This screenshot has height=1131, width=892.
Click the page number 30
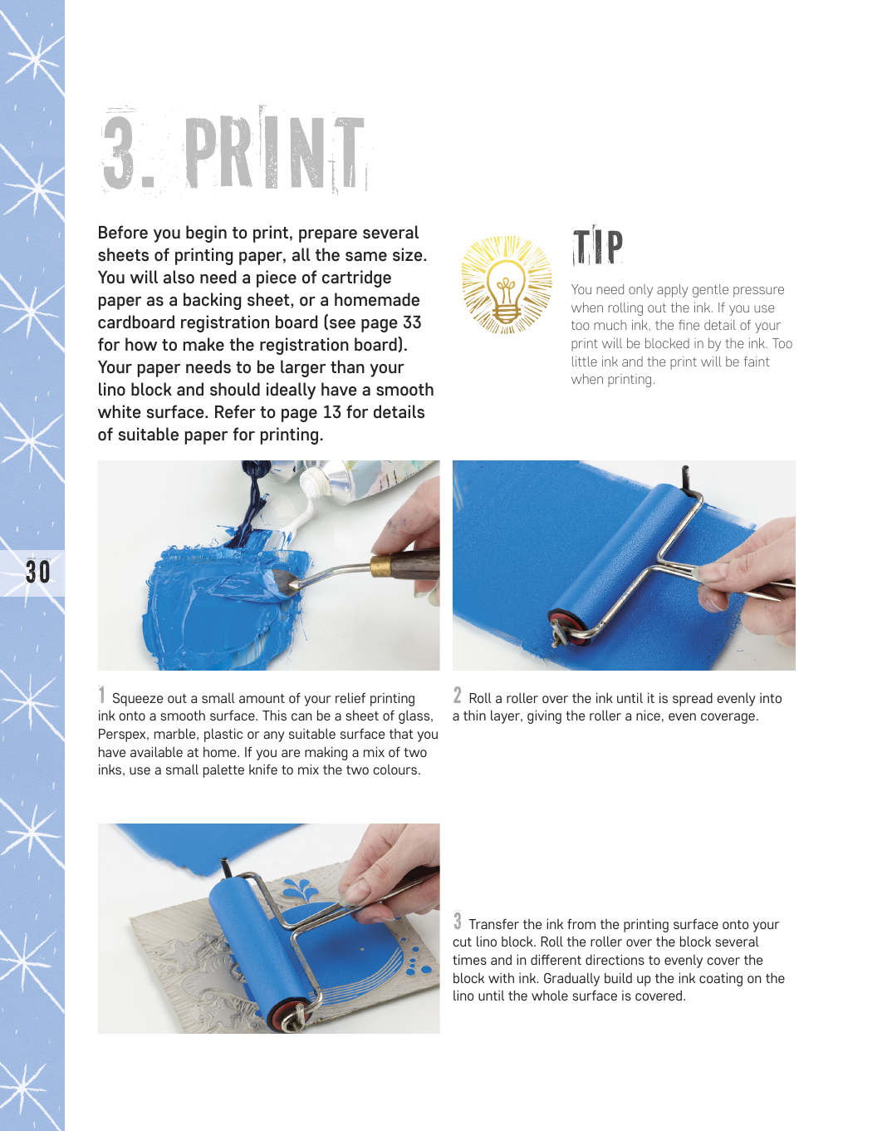pyautogui.click(x=38, y=572)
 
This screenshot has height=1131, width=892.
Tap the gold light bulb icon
pyautogui.click(x=507, y=284)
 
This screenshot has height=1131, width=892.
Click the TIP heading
pyautogui.click(x=597, y=245)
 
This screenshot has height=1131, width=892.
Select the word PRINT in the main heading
pyautogui.click(x=274, y=152)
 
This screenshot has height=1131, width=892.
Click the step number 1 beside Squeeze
pyautogui.click(x=102, y=695)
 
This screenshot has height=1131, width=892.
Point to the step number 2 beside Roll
pyautogui.click(x=458, y=695)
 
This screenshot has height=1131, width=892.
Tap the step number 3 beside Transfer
pyautogui.click(x=458, y=921)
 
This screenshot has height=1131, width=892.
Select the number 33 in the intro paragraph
pyautogui.click(x=411, y=322)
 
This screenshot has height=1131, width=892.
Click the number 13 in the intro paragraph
pyautogui.click(x=332, y=412)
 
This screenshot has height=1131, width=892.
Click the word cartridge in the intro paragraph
pyautogui.click(x=356, y=278)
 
